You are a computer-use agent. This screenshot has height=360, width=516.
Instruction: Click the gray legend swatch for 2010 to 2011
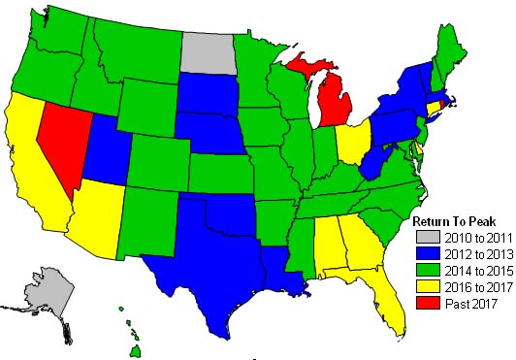click(424, 236)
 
